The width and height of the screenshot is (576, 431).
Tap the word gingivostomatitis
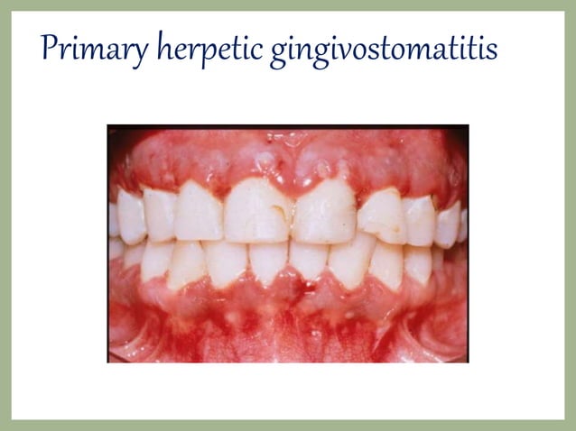click(385, 50)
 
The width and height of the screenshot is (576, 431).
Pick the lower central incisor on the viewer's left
click(268, 260)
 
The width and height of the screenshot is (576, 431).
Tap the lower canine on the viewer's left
click(187, 263)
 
